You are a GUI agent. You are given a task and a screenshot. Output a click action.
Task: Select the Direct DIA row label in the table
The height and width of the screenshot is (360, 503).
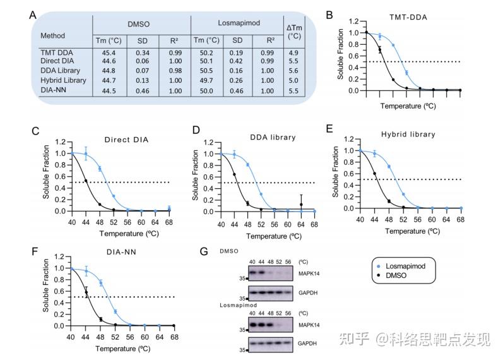58,61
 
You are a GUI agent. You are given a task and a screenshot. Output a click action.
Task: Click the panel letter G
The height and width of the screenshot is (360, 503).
203,252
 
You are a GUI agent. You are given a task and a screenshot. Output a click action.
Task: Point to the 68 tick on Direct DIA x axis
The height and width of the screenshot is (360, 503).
169,222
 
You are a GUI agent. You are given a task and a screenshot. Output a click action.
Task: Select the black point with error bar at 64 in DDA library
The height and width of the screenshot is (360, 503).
302,205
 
